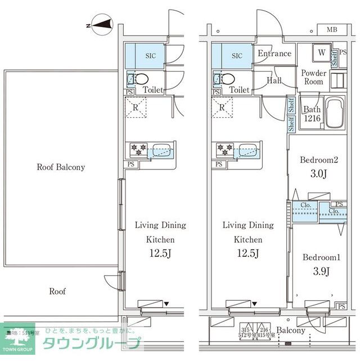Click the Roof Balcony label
click(x=61, y=167)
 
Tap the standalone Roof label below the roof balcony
click(x=57, y=292)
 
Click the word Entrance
click(x=274, y=54)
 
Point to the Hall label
click(x=274, y=81)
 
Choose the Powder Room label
click(x=314, y=78)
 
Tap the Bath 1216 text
click(x=312, y=114)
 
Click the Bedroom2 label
click(x=319, y=161)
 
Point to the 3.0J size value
click(x=319, y=173)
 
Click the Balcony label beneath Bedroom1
click(x=291, y=331)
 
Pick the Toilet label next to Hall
click(x=240, y=90)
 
